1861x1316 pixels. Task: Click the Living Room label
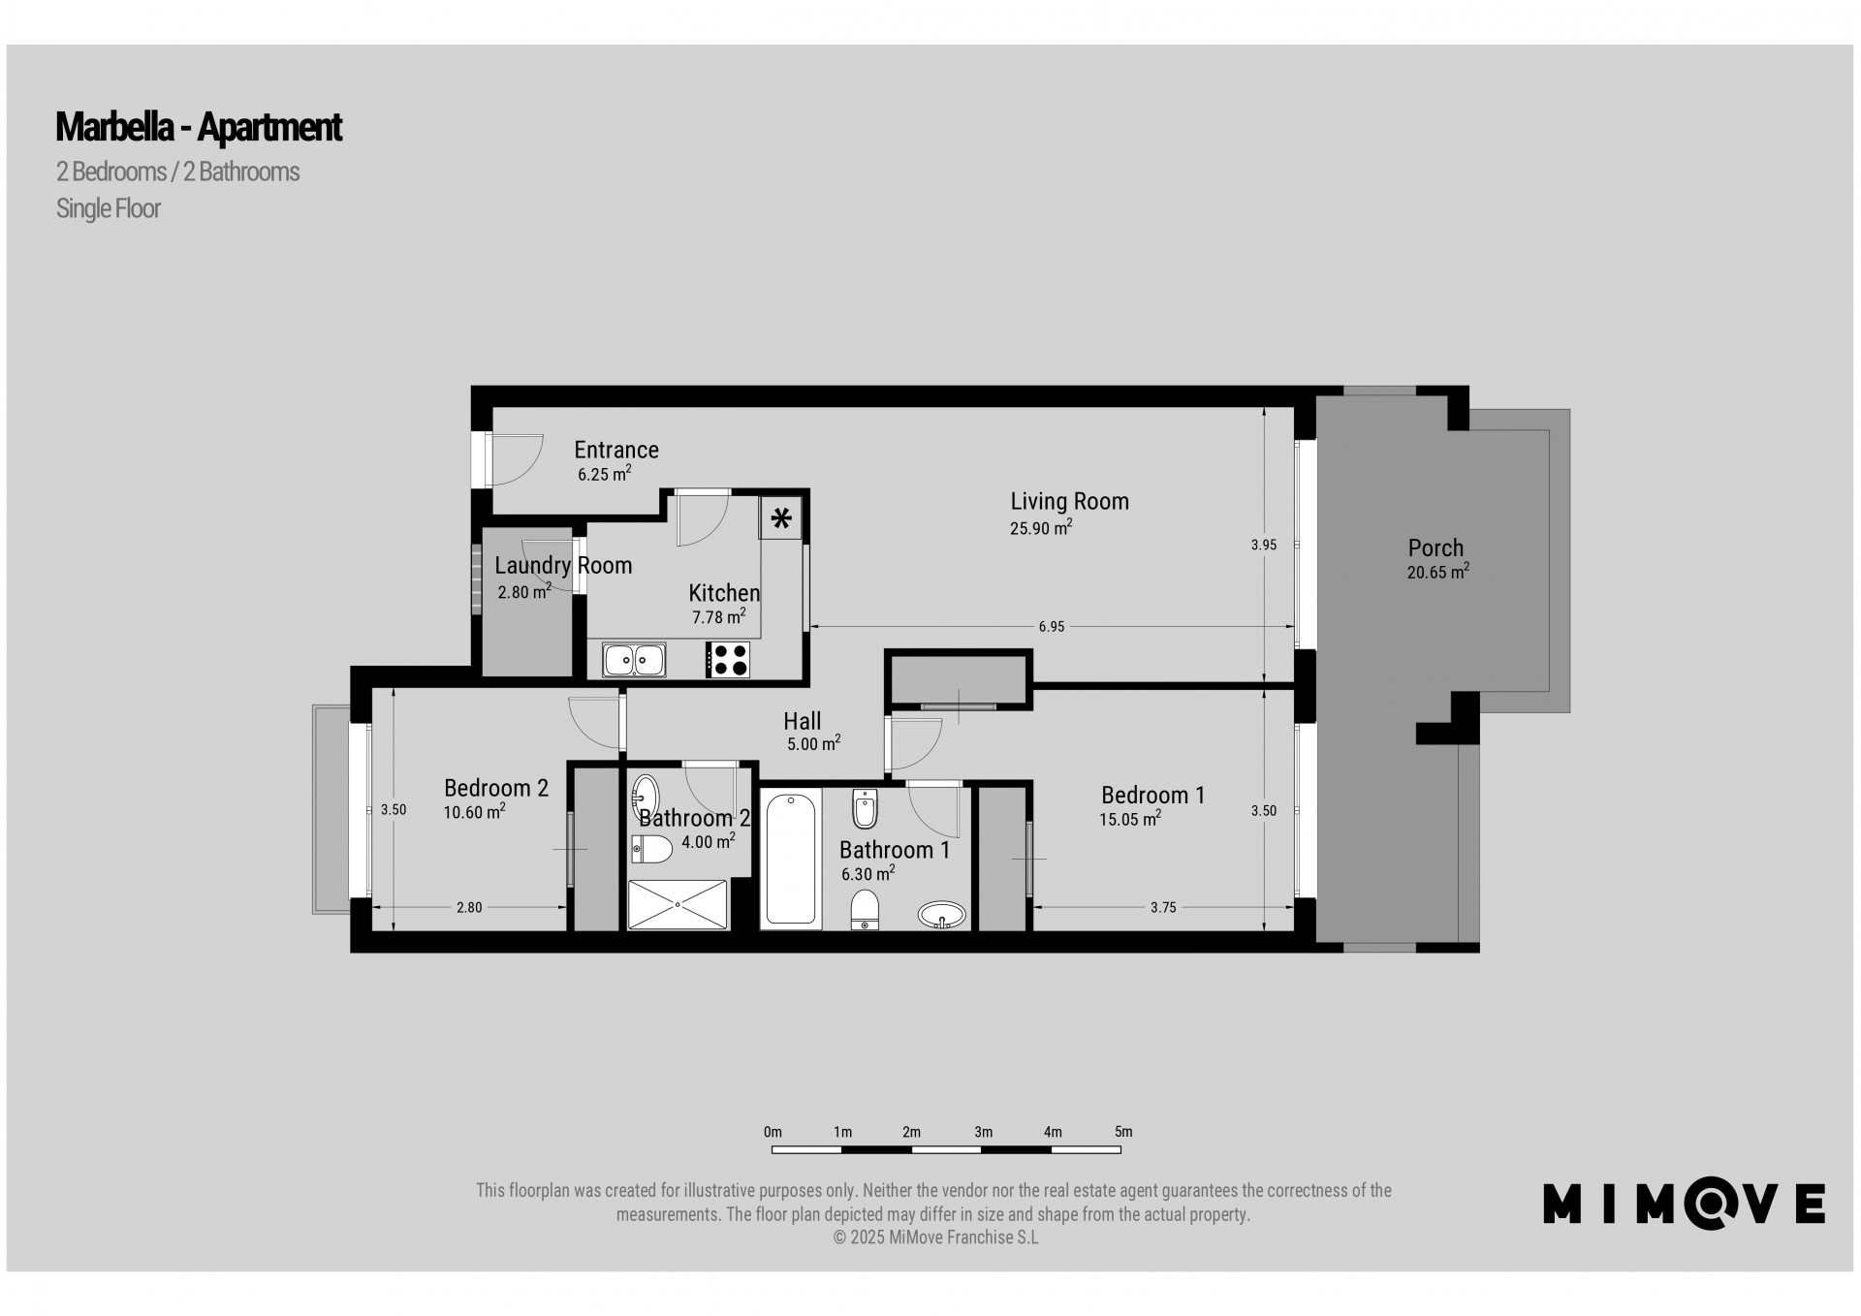tap(1069, 501)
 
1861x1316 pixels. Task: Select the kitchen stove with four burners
tap(728, 660)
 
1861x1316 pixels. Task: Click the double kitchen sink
tap(634, 660)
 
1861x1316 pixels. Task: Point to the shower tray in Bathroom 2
tap(678, 903)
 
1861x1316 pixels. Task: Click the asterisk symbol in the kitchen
tap(781, 517)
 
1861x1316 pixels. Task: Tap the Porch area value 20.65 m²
tap(1437, 572)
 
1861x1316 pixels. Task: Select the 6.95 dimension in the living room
tap(1052, 627)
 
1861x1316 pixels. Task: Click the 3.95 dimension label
tap(1263, 546)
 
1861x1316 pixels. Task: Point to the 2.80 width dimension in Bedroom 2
tap(469, 908)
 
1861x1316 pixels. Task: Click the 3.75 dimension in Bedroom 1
tap(1163, 908)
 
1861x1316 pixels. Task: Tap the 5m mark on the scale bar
tap(1122, 1132)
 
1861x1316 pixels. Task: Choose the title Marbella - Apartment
tap(199, 127)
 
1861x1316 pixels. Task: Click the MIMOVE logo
tap(1685, 1204)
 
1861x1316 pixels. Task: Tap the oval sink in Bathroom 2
tap(646, 798)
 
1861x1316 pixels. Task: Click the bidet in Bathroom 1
tap(865, 807)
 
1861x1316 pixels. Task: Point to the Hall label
tap(803, 721)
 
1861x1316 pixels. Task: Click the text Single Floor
tap(109, 208)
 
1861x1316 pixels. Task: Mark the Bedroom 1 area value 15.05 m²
tap(1130, 819)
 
